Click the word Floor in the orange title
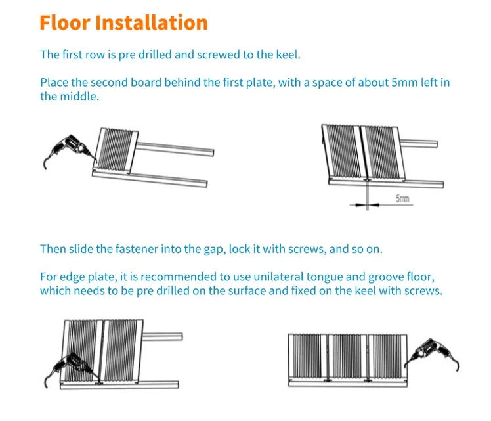[65, 22]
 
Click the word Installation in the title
[151, 22]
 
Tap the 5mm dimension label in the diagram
[402, 198]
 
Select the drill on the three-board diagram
[432, 354]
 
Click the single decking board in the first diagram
[116, 150]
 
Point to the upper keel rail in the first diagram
[175, 148]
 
